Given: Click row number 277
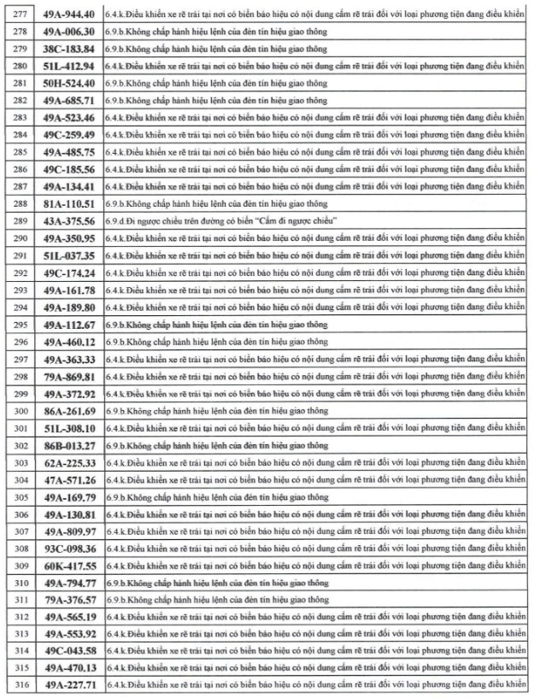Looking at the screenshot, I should point(18,14).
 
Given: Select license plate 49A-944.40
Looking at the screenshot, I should point(69,14).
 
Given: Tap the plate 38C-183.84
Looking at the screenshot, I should point(69,48).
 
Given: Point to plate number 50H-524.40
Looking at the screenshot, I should point(69,83).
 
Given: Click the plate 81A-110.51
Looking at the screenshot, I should point(69,203).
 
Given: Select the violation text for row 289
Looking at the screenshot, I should point(221,220).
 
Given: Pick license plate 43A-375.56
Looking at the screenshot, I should point(69,220).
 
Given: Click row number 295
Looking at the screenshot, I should point(18,324).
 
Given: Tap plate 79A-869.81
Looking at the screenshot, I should point(69,376).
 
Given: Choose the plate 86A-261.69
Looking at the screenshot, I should point(69,410).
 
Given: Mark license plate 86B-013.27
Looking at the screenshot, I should point(69,445).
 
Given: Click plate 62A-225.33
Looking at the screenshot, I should point(69,462).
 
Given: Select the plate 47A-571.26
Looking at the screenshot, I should point(69,479).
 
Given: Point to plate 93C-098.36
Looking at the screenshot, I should point(69,548).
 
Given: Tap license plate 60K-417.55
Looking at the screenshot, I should point(69,566).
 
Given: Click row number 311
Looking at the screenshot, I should point(18,600).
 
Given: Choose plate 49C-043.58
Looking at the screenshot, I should point(69,652).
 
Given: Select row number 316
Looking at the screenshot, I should point(18,686).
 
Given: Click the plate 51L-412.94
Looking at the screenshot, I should point(69,66).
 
